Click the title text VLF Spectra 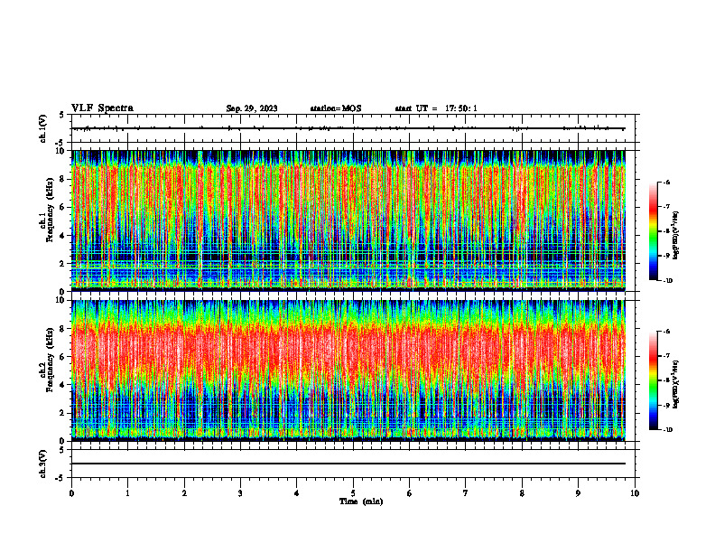pos(102,108)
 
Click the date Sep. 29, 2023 pos(252,108)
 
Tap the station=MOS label pos(335,108)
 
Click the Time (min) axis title pos(360,501)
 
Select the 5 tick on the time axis pos(353,493)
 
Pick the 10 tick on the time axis pos(635,493)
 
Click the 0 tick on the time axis pos(71,493)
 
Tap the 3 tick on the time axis pos(240,493)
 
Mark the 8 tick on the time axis pos(522,493)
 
